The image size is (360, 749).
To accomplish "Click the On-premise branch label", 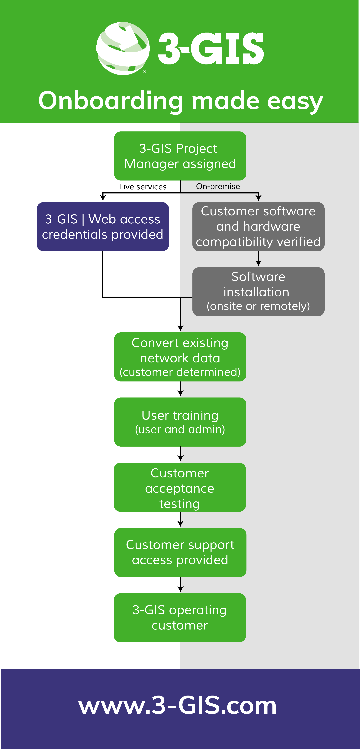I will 218,186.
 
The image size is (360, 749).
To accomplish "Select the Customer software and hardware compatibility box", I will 258,227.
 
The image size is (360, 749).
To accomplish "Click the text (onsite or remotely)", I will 258,306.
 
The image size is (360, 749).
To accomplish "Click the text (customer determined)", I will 180,372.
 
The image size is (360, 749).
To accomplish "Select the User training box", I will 180,422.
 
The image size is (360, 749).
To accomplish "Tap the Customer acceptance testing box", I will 180,487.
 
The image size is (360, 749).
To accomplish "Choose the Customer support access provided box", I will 180,552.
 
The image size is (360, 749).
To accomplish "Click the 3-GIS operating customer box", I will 180,618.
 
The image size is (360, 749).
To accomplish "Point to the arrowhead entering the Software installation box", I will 258,263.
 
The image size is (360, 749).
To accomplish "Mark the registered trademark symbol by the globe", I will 144,72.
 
